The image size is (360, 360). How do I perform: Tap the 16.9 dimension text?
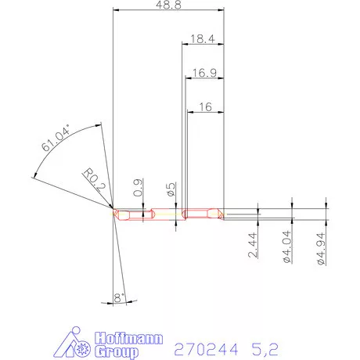point(203,73)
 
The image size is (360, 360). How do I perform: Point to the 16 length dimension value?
point(205,106)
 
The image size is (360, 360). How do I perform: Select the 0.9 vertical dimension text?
point(139,188)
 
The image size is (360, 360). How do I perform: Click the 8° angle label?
point(118,297)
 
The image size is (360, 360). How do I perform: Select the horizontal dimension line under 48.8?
point(168,11)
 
